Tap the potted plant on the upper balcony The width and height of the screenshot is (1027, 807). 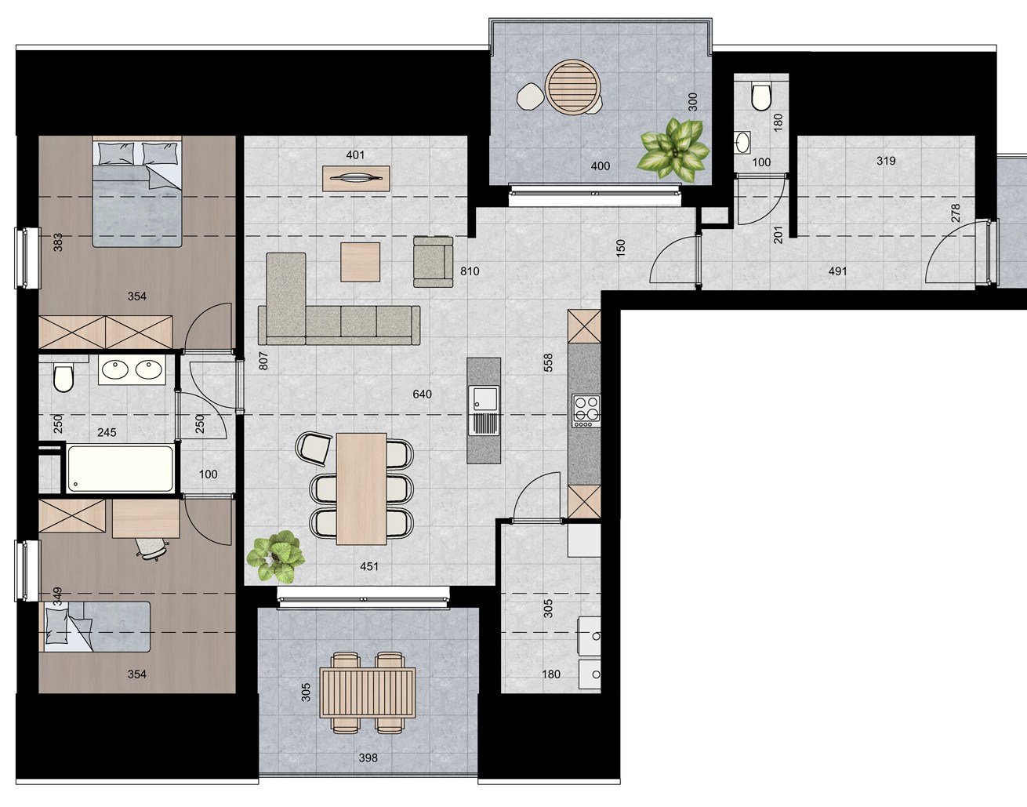(x=673, y=148)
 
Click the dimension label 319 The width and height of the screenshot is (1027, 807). (x=886, y=162)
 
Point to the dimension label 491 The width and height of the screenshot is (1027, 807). (x=838, y=271)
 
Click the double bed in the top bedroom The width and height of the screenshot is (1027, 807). (x=138, y=193)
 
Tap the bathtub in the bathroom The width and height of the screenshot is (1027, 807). (x=120, y=468)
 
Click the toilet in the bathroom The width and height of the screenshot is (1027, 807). (x=63, y=378)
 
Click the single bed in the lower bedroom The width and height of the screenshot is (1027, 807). (x=96, y=626)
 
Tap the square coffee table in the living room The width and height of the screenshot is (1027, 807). (x=360, y=262)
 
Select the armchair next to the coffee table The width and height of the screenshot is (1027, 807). (x=433, y=261)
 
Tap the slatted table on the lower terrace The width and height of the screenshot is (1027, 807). (x=367, y=692)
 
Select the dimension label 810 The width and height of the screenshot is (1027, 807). (x=470, y=271)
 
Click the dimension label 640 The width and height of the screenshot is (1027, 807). (x=422, y=394)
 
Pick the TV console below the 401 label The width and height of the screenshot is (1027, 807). (x=357, y=179)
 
